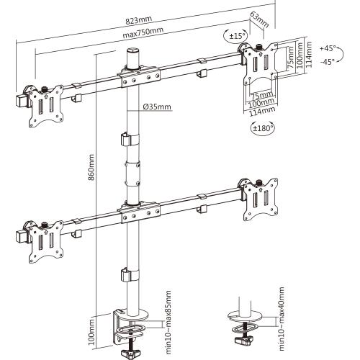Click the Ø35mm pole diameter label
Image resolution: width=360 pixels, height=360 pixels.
(x=156, y=107)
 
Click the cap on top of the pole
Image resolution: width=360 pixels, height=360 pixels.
(x=132, y=54)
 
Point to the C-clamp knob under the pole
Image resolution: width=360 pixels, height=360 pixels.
(x=132, y=353)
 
